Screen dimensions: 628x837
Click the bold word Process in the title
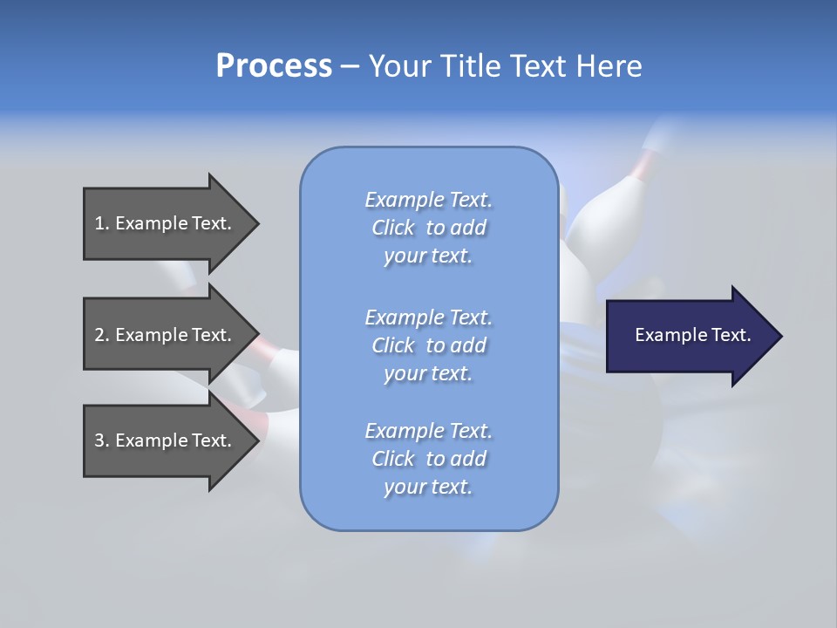274,65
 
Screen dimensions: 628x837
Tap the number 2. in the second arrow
101,335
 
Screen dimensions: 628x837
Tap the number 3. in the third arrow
101,440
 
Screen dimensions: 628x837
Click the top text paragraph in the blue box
428,228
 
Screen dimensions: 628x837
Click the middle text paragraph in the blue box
428,345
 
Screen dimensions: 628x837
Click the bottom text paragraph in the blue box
428,459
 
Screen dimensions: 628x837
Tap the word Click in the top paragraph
393,228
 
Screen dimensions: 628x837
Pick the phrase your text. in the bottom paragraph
428,487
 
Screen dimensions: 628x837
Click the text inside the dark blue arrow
692,335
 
